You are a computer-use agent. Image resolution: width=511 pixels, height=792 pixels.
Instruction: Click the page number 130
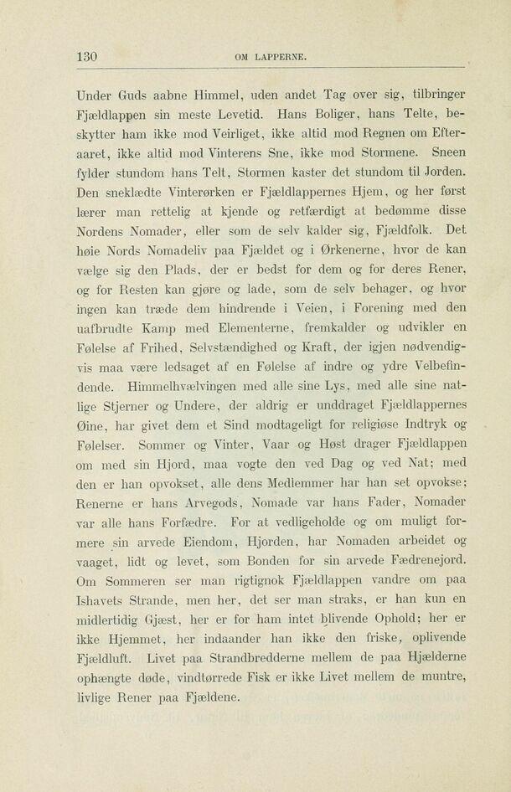(86, 57)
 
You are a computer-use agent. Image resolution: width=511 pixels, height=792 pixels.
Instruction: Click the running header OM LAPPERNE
(271, 58)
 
